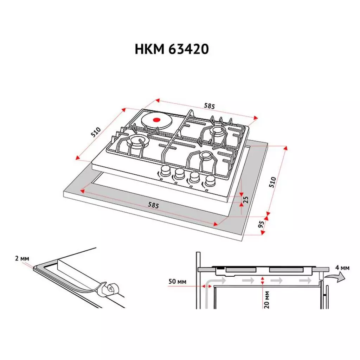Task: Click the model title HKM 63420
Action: [172, 50]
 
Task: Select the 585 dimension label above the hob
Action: [209, 105]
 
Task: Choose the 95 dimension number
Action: [261, 225]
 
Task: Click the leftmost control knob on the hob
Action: [164, 172]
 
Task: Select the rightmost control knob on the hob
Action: [210, 180]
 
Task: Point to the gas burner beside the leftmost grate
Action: [136, 142]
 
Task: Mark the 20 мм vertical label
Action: [267, 299]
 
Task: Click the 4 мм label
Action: [342, 268]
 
